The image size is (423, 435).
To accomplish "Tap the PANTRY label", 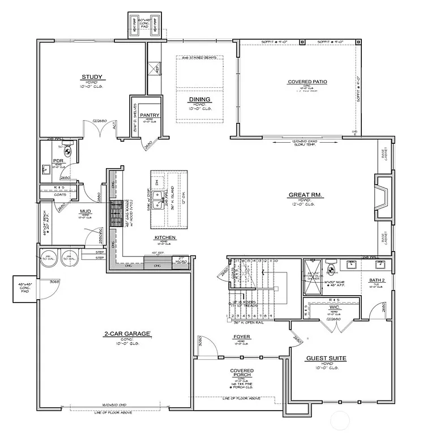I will click(x=150, y=116).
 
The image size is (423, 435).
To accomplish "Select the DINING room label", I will click(x=200, y=99).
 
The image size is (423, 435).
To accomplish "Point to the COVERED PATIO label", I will click(x=307, y=82).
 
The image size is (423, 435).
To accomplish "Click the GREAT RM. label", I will click(x=305, y=195).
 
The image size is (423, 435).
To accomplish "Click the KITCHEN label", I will click(x=165, y=237).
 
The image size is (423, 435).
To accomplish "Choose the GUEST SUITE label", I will click(x=326, y=358).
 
